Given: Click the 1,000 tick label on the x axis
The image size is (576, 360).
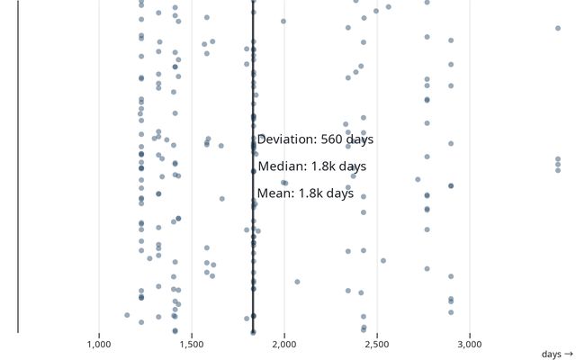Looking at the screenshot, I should click(99, 344).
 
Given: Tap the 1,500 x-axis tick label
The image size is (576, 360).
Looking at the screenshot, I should click(192, 344).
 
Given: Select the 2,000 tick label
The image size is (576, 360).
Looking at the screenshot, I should click(284, 344).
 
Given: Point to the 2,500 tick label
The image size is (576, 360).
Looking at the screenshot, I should click(377, 344).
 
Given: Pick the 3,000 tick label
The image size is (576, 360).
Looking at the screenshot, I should click(470, 344).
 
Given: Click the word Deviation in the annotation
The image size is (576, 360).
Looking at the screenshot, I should click(286, 139).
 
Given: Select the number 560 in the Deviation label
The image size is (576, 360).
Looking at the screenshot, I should click(332, 139).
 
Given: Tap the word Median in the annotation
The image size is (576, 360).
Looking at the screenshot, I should click(283, 166).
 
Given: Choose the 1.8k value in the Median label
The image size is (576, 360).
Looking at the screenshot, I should click(324, 166).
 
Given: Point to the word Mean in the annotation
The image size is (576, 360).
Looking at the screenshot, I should click(275, 193).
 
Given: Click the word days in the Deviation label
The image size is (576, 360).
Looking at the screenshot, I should click(360, 139).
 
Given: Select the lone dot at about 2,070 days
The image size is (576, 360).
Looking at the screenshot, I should click(297, 282).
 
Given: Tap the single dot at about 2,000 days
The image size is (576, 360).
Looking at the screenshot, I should click(283, 21).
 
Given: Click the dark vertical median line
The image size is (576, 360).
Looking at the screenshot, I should click(253, 90).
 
